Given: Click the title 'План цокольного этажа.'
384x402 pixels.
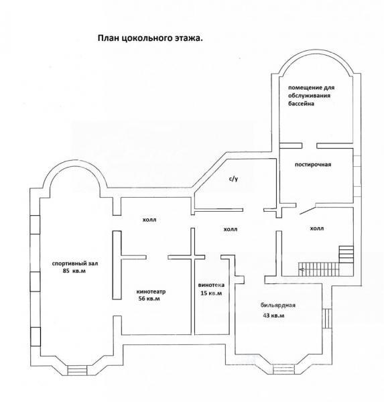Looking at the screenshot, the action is (x=150, y=38).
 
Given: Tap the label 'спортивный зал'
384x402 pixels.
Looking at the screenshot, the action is (x=75, y=263).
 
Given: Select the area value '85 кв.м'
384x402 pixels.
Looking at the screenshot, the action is (x=74, y=271).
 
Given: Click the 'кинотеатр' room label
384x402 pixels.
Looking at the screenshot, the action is (x=151, y=291).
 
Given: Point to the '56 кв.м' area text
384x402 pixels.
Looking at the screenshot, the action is (x=149, y=298).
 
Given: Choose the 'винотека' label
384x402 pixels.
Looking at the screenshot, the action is (x=211, y=285).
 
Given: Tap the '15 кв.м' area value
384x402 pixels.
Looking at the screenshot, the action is (x=211, y=293).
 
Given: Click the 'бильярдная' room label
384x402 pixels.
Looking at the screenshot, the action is (x=278, y=306).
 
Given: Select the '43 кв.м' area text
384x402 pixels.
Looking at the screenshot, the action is (x=273, y=316).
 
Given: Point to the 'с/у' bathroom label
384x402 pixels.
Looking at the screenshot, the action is (x=233, y=179).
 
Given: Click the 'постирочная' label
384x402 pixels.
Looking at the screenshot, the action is (x=313, y=165).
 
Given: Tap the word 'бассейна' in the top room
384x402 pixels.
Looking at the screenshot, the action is (x=301, y=104).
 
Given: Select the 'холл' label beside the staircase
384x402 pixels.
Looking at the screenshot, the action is (x=317, y=228).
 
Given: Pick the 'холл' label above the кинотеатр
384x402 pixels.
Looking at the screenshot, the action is (x=149, y=220).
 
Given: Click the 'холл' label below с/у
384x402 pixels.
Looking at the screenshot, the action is (x=231, y=229).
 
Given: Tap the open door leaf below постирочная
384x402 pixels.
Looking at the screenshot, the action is (x=308, y=210).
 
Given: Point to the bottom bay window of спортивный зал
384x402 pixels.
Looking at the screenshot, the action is (x=77, y=371).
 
